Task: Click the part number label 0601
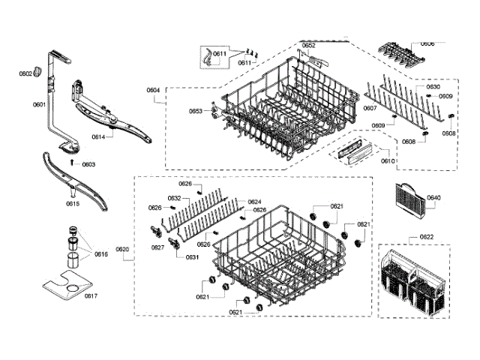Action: [39, 104]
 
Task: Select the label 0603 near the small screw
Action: [88, 164]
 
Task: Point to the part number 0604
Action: [153, 90]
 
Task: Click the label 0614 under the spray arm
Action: [98, 136]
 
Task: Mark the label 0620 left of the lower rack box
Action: [122, 248]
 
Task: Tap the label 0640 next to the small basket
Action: [433, 198]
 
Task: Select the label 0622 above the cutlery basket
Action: [426, 238]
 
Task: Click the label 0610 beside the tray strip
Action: [388, 160]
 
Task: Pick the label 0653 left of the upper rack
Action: [196, 111]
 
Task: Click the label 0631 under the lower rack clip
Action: [192, 257]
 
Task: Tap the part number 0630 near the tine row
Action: [433, 87]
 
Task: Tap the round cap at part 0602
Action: [37, 73]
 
